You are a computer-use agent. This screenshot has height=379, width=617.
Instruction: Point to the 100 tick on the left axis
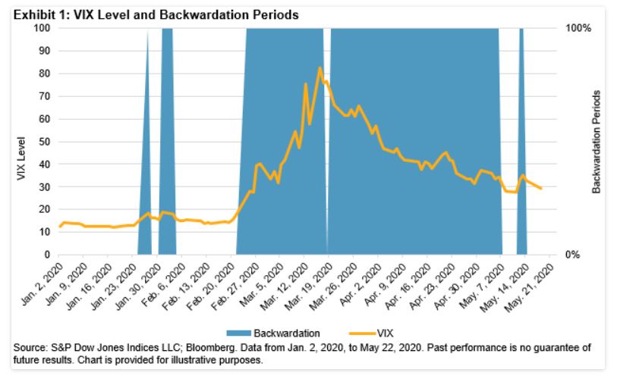(43, 28)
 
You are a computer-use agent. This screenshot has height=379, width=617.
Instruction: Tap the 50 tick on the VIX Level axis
(46, 142)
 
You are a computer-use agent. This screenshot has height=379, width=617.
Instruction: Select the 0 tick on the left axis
(49, 255)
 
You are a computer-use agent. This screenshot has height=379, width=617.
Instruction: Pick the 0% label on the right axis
(575, 255)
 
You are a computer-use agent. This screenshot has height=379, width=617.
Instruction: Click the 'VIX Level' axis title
(21, 158)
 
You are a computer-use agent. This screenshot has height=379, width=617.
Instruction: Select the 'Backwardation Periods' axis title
(597, 141)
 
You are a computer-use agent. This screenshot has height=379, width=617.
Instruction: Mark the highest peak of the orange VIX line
(320, 68)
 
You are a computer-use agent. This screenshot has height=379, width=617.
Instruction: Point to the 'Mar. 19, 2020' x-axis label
(313, 283)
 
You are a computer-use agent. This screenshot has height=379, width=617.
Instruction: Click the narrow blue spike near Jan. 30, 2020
(147, 152)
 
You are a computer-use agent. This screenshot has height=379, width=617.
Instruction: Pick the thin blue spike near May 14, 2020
(521, 152)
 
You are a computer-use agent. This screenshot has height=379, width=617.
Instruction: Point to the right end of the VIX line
(540, 188)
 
